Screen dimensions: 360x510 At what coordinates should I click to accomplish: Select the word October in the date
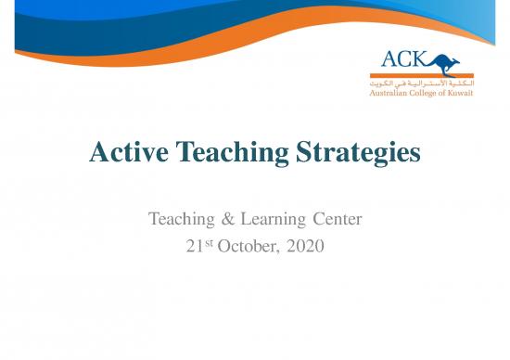tap(249, 247)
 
